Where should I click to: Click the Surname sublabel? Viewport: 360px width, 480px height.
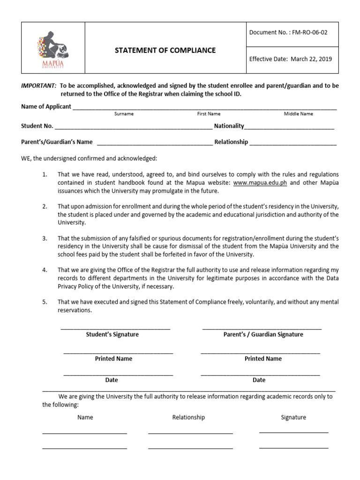click(x=124, y=114)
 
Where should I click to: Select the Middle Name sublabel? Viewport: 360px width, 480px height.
click(x=298, y=114)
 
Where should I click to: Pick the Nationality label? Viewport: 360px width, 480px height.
click(x=229, y=126)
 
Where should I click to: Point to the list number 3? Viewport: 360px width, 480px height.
click(x=45, y=239)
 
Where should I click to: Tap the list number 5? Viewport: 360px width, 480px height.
click(x=45, y=302)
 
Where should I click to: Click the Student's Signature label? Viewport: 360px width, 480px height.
click(x=112, y=334)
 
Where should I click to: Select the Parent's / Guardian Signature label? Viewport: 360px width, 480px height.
click(x=263, y=334)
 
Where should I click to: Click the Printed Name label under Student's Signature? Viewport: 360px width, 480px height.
click(x=113, y=359)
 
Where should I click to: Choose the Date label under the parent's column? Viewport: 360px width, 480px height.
click(x=259, y=380)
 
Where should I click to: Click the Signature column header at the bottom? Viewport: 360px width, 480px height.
click(x=293, y=417)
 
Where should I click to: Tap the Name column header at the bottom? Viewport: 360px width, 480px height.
click(x=85, y=417)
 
